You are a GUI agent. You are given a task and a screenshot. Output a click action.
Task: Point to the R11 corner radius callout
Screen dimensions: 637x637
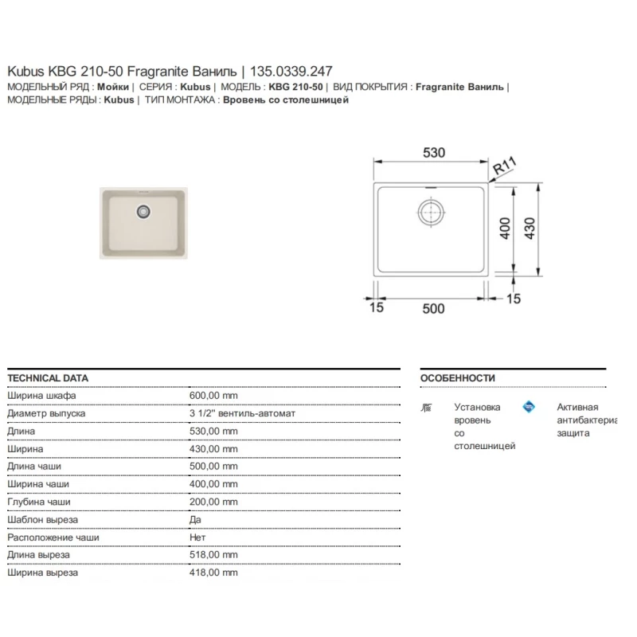(x=505, y=167)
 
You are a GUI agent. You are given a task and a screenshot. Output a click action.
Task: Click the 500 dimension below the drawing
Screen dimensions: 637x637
(x=432, y=308)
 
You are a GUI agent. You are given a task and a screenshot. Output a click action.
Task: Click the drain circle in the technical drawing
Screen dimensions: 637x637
(x=429, y=212)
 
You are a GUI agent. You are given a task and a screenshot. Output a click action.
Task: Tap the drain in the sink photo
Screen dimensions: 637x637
(x=143, y=211)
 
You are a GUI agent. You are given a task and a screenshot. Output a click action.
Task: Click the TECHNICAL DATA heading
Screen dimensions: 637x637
(x=47, y=378)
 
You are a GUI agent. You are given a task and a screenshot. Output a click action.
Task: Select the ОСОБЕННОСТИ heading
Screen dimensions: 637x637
(x=457, y=378)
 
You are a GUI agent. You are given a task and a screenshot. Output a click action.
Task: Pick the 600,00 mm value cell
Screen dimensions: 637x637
(x=213, y=396)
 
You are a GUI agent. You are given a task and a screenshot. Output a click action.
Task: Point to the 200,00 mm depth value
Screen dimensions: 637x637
(x=213, y=502)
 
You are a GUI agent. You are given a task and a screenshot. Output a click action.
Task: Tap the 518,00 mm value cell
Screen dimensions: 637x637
(x=213, y=554)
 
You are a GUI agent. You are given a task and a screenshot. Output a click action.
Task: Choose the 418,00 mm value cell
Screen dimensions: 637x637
(x=213, y=572)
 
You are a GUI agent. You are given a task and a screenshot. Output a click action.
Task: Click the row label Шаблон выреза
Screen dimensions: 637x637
(x=42, y=519)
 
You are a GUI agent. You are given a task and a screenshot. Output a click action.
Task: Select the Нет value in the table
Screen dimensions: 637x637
(x=197, y=537)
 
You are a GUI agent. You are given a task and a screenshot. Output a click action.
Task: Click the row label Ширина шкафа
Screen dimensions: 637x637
(x=41, y=396)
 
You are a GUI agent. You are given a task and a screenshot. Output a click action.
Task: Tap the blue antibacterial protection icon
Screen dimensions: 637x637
(x=529, y=407)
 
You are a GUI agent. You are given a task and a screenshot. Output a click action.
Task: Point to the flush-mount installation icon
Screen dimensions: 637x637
(x=426, y=408)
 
